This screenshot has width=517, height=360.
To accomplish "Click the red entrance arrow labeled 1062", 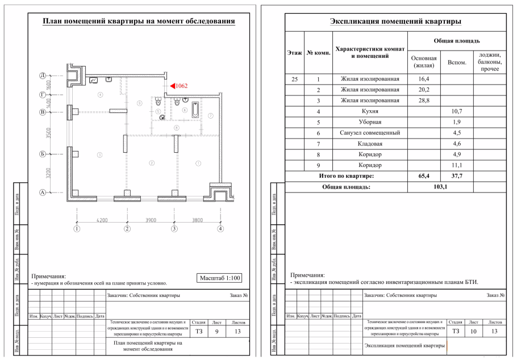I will point(169,86).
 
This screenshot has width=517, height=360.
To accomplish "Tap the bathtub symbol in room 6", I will point(195,109).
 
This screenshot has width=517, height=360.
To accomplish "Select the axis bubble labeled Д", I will point(42,76).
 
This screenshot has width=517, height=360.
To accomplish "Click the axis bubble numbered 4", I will point(220,229).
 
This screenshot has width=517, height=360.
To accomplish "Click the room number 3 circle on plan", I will point(99,154).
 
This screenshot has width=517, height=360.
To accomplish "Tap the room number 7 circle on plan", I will point(210,115).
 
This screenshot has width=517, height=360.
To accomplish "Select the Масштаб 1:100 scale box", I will point(220,278).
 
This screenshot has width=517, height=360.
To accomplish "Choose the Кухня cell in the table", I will point(373,111).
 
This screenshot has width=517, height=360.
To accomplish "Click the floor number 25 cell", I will point(294,79).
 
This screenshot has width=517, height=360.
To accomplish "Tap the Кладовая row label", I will point(373,144).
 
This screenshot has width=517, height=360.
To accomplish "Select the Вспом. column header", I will point(456,62).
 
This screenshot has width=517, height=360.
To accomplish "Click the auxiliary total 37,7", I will point(456,176).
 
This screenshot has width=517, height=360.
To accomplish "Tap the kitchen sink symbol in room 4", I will point(93,80).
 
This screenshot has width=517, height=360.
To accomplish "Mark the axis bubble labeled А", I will point(42,192).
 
